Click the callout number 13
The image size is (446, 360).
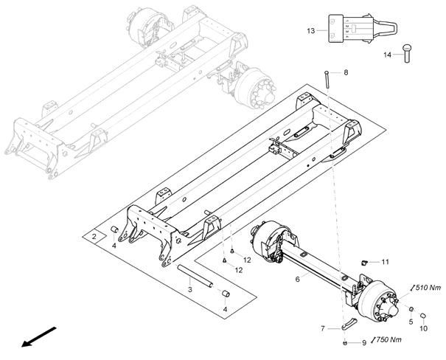[311, 31]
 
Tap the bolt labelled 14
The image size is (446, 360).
[407, 53]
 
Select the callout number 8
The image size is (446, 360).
[346, 72]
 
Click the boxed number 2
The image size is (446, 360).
[94, 236]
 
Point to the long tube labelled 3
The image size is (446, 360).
[195, 276]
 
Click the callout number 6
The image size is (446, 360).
[298, 279]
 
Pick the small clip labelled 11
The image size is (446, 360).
[363, 262]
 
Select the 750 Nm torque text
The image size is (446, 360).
[388, 339]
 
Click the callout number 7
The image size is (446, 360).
[323, 329]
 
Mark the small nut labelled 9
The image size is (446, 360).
[345, 343]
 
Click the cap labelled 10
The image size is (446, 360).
[423, 315]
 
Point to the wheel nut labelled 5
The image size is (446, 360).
[411, 309]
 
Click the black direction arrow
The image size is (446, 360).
[39, 337]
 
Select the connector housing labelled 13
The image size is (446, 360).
[351, 29]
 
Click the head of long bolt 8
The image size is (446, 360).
[327, 72]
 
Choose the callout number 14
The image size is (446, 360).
[388, 55]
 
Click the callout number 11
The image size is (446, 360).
[385, 262]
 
